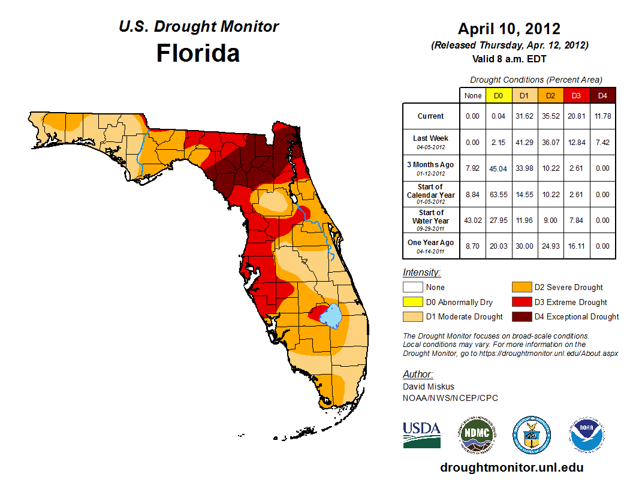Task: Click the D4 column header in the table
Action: (602, 95)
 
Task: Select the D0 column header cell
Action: (499, 95)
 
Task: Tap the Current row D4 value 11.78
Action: (602, 116)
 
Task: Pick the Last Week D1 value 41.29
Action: (525, 143)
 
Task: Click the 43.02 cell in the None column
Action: (473, 221)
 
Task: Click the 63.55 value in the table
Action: (499, 194)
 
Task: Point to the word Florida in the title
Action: (198, 53)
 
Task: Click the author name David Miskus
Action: (429, 387)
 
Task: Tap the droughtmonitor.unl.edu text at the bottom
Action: (511, 467)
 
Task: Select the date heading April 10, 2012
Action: (509, 29)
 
